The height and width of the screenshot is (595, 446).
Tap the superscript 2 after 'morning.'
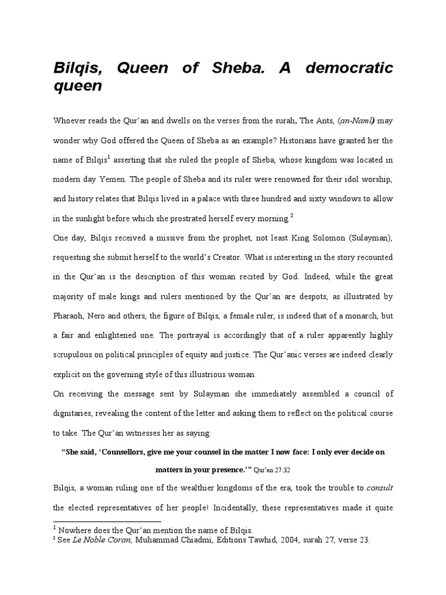291,216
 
